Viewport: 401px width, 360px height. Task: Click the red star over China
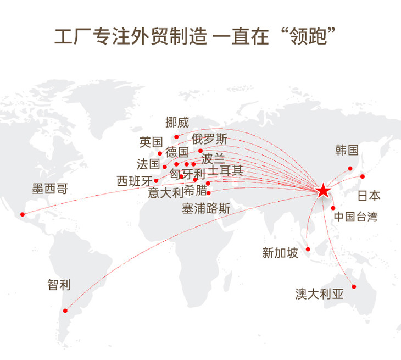tap(323, 191)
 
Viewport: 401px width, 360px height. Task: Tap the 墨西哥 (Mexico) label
tap(49, 189)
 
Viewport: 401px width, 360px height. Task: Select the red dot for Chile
tap(65, 311)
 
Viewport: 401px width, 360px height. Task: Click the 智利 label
tap(59, 285)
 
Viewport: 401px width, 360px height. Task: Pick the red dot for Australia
tap(354, 286)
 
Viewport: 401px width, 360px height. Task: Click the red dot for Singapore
tap(308, 249)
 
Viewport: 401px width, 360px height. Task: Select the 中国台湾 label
tap(356, 216)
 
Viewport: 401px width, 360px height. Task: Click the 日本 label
tap(369, 196)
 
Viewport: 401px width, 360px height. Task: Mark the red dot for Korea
tap(350, 168)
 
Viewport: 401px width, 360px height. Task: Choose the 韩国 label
tap(347, 150)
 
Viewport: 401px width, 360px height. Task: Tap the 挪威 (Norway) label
tap(177, 123)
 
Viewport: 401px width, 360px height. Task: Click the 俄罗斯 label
tap(209, 139)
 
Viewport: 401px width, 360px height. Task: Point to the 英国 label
tap(151, 142)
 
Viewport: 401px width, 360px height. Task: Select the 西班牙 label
tap(135, 181)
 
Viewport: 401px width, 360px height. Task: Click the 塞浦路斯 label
tap(206, 209)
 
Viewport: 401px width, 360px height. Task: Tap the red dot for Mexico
tap(23, 214)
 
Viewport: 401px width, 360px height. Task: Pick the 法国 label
tap(148, 164)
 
